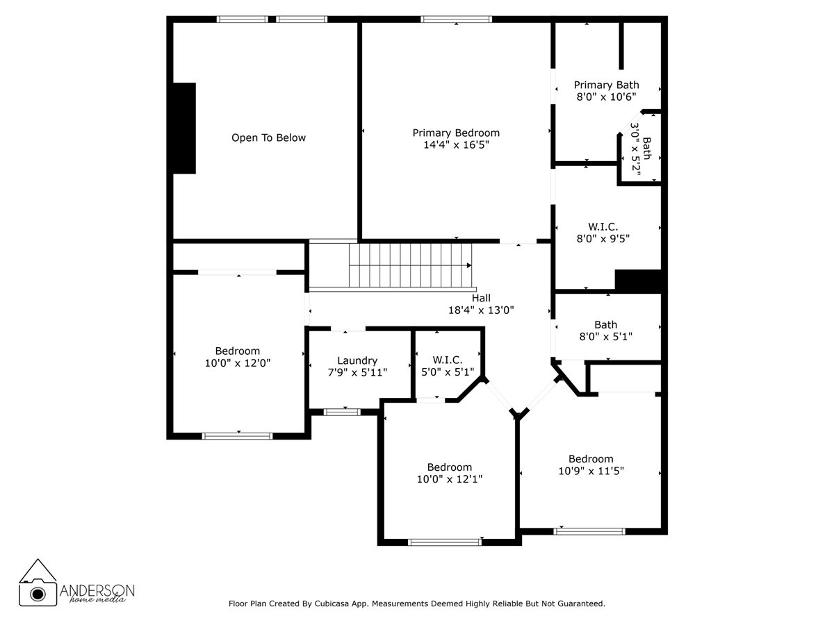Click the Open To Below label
click(x=268, y=137)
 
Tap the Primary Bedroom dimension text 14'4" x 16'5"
click(x=456, y=145)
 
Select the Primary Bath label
click(x=606, y=85)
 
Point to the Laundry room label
click(x=357, y=360)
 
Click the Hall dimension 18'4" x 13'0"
click(x=481, y=310)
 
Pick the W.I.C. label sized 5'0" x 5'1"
click(x=448, y=359)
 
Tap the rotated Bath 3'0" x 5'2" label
click(x=641, y=148)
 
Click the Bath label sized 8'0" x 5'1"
click(x=605, y=324)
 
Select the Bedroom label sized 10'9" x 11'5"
click(x=591, y=458)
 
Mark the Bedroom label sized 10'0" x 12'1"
click(x=449, y=467)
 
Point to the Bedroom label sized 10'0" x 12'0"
click(x=237, y=351)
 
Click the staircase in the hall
click(x=410, y=265)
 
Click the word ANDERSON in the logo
click(x=98, y=590)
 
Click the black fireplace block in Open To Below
click(x=184, y=128)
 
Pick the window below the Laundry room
click(x=342, y=412)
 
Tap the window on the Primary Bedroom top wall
click(x=456, y=19)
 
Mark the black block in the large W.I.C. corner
click(x=637, y=280)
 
